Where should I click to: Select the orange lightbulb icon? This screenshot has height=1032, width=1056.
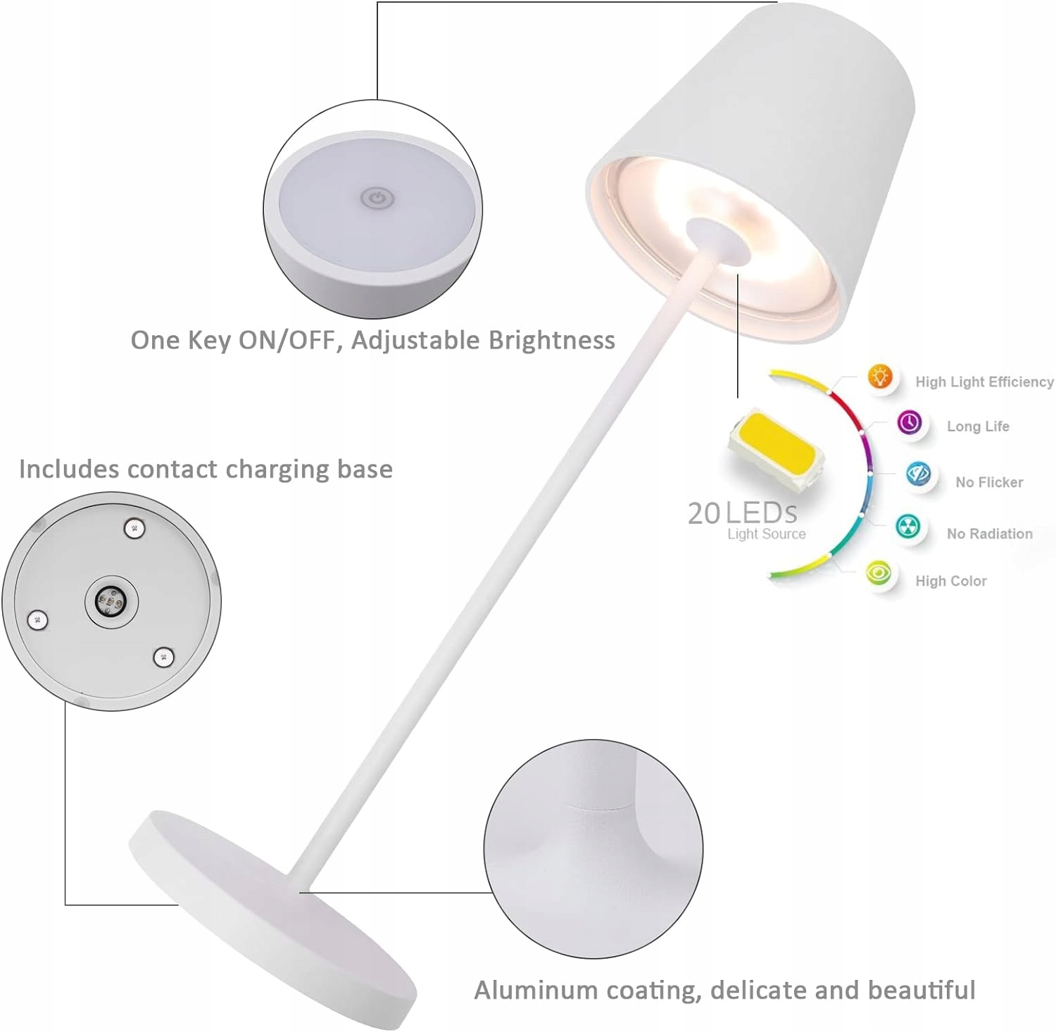tap(879, 377)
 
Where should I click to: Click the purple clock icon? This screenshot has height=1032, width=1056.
tap(910, 423)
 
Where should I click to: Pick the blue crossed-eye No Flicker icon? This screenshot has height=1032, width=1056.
tap(918, 474)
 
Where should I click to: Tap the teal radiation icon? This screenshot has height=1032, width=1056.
tap(907, 526)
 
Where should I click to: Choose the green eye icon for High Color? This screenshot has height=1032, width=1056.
tap(878, 573)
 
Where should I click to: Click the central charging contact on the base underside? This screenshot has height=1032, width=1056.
tap(111, 602)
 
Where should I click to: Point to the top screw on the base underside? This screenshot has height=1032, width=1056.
tap(134, 528)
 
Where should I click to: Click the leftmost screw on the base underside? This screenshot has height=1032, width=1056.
tap(37, 620)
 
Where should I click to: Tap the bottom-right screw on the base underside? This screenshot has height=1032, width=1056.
tap(163, 657)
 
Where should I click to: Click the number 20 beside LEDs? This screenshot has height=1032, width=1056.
tap(704, 514)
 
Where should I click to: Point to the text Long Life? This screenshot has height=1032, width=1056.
tap(978, 427)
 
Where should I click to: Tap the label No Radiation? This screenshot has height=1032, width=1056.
tap(989, 534)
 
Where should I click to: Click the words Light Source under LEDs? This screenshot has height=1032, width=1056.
tap(766, 534)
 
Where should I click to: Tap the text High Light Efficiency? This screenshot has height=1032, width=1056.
tap(983, 382)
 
